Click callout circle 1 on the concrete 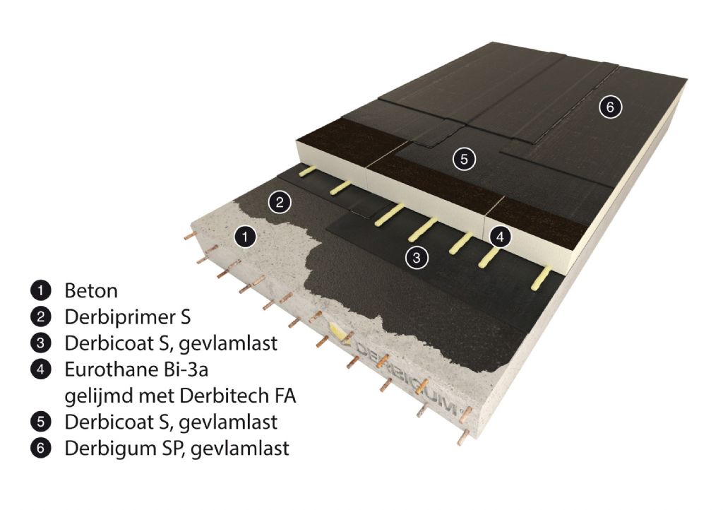click(x=244, y=237)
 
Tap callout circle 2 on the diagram click(x=280, y=203)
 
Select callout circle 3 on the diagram click(x=417, y=258)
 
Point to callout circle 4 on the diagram click(x=500, y=237)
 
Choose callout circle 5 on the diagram click(x=463, y=159)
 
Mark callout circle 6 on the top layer click(x=609, y=107)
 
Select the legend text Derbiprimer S click(x=124, y=316)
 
